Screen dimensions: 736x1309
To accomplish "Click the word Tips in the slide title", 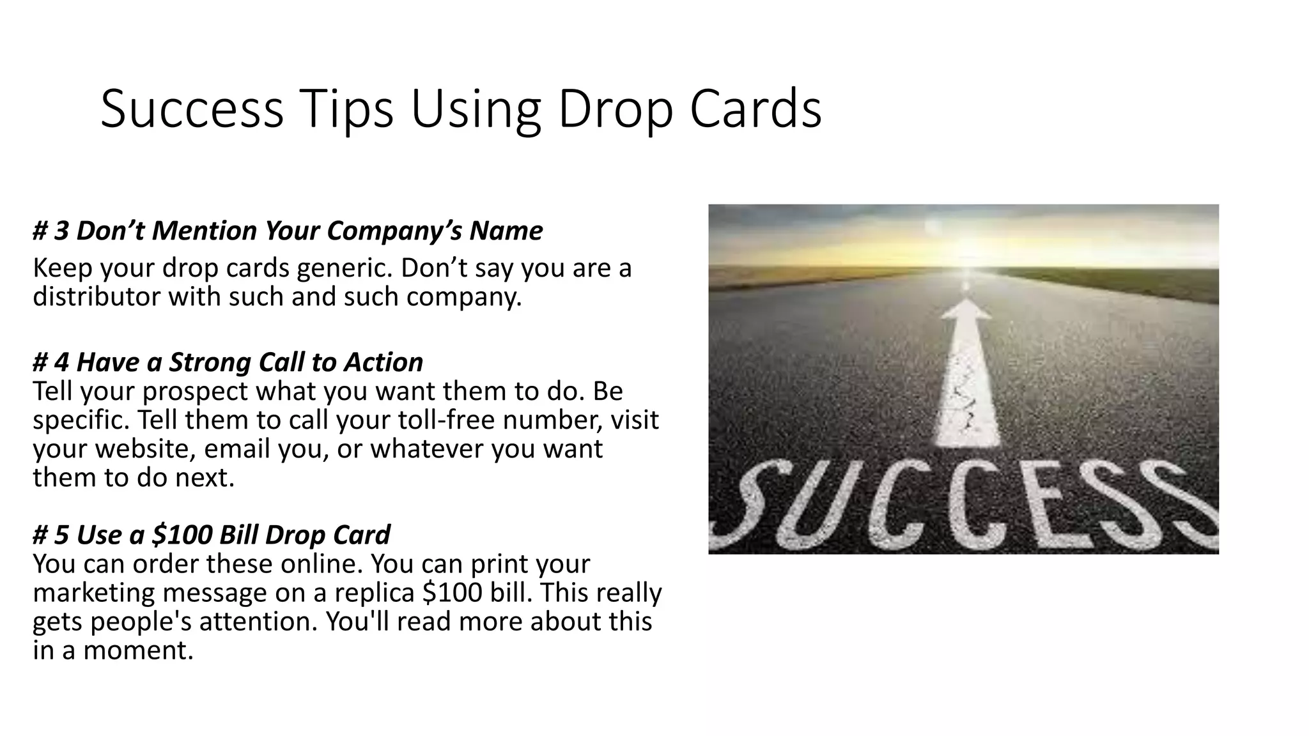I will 346,110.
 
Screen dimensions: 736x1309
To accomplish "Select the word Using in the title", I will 476,110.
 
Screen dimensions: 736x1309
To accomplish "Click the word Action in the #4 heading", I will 383,362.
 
